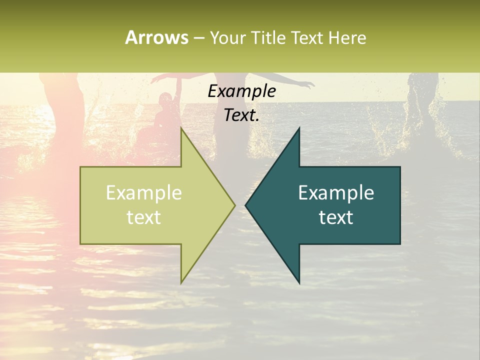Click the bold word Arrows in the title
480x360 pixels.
point(156,37)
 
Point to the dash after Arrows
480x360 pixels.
point(198,38)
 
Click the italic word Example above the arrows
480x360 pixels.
point(241,91)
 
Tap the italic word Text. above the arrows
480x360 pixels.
point(241,115)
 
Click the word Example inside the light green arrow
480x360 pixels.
point(143,193)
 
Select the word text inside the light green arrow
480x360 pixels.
point(143,217)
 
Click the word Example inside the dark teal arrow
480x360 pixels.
point(336,193)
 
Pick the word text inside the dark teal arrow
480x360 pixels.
point(336,217)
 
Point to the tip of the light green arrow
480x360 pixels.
point(234,205)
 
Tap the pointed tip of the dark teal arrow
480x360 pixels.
point(246,205)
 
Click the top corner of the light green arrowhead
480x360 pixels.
point(181,128)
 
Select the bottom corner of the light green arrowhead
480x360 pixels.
point(181,283)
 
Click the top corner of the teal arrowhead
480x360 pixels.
point(299,128)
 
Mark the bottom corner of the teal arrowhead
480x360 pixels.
point(299,283)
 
